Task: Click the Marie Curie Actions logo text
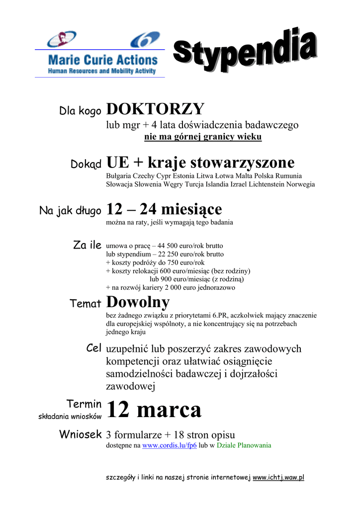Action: pos(102,61)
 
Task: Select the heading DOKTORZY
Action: pos(155,109)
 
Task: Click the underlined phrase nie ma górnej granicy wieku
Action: pos(202,137)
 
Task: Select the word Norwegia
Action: pos(299,184)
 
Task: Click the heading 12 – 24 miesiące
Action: pos(164,209)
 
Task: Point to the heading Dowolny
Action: pos(138,302)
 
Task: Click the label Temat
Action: pos(86,304)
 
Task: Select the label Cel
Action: pos(93,348)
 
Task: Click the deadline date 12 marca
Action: pos(154,410)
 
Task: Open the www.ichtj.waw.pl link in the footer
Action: pos(278,478)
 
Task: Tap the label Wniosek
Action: pos(81,434)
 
